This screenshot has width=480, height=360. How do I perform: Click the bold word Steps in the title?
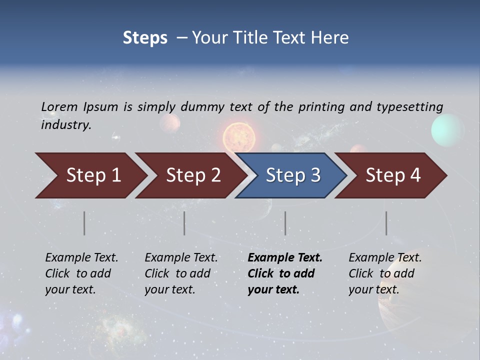pos(145,37)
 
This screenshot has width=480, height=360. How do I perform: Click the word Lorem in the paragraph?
pos(58,106)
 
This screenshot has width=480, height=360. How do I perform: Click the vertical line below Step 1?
pos(84,223)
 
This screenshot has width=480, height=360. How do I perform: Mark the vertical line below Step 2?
pos(184,223)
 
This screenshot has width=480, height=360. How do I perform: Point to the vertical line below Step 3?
pos(285,223)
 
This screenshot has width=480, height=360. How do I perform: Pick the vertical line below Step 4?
pos(386,223)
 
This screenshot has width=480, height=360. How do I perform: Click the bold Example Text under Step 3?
pos(285,258)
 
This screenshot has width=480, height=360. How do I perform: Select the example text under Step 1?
pos(81,273)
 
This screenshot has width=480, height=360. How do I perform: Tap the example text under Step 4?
pos(385,273)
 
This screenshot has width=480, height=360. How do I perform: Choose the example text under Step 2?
pos(181,273)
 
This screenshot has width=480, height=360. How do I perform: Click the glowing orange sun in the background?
pos(239,136)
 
